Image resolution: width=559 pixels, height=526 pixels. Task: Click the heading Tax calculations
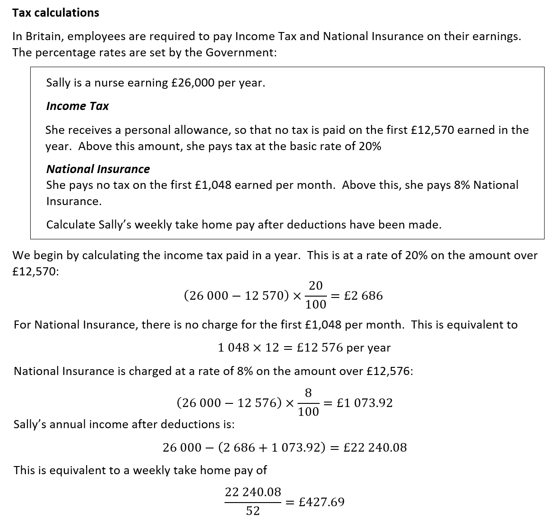55,13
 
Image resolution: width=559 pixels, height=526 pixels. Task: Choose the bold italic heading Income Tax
77,106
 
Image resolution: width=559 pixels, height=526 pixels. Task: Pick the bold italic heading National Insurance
98,169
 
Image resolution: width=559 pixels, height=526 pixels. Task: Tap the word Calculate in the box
71,224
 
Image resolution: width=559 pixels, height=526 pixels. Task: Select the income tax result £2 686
363,296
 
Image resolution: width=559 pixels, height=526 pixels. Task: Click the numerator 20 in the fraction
316,286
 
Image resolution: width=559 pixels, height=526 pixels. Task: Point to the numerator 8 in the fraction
308,393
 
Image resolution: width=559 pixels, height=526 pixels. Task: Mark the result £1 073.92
365,403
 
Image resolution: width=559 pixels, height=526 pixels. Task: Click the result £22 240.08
375,448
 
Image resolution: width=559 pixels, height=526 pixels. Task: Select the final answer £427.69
321,502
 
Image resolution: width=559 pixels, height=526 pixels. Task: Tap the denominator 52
253,511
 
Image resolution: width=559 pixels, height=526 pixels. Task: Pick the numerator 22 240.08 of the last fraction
253,492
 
